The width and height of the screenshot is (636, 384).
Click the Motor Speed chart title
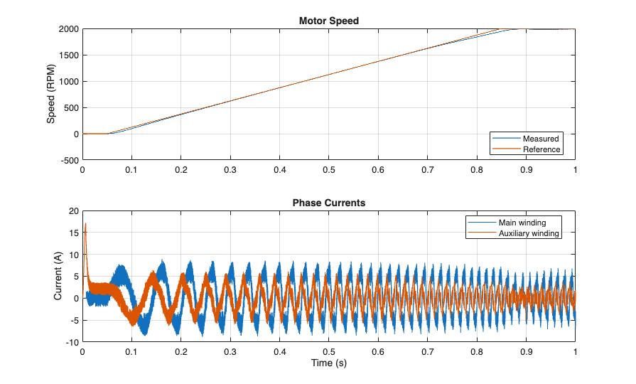[x=328, y=21]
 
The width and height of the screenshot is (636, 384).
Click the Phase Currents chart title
[x=328, y=203]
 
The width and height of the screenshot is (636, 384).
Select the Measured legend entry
[x=541, y=138]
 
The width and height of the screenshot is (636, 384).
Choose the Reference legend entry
[x=541, y=149]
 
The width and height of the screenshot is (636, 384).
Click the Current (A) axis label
[x=58, y=276]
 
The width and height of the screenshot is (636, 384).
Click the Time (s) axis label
[x=328, y=363]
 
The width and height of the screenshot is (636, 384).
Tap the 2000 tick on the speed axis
[x=68, y=29]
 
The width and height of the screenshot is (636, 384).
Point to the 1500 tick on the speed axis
[x=68, y=55]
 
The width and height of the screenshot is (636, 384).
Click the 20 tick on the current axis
[x=72, y=211]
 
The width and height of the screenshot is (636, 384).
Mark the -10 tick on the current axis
[x=71, y=342]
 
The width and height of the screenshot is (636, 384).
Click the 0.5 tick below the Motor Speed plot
[x=328, y=171]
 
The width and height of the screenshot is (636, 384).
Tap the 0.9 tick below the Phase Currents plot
[x=526, y=352]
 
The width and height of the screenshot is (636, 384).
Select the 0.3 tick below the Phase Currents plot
[x=230, y=352]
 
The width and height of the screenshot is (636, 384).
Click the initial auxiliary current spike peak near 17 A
[x=85, y=224]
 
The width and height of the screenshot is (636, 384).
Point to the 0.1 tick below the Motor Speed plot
[x=131, y=171]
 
